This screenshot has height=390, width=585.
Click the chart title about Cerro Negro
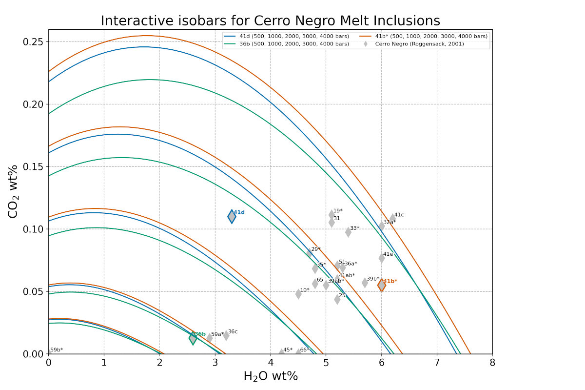[x=270, y=21]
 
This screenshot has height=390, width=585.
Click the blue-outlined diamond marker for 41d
[x=232, y=217]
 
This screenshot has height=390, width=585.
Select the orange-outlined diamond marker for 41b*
[x=381, y=286]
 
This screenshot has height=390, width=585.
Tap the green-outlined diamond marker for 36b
[x=193, y=338]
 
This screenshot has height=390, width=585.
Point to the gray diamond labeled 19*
[x=331, y=214]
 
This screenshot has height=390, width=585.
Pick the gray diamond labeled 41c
[x=392, y=218]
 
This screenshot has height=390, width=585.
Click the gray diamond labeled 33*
[x=348, y=232]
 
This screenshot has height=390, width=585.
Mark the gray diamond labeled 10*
[x=298, y=294]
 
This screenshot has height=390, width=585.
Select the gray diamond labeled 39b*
[x=365, y=283]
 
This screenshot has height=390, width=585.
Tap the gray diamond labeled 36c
[x=226, y=335]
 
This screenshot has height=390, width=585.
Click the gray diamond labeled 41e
[x=381, y=258]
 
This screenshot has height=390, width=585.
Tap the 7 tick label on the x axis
[x=437, y=363]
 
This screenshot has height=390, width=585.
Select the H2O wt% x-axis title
[x=270, y=376]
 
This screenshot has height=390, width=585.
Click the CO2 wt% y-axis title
[x=13, y=198]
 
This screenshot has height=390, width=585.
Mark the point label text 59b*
[x=57, y=350]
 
